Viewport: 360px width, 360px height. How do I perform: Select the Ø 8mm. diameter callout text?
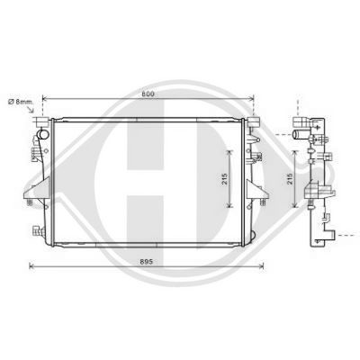(21, 102)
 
